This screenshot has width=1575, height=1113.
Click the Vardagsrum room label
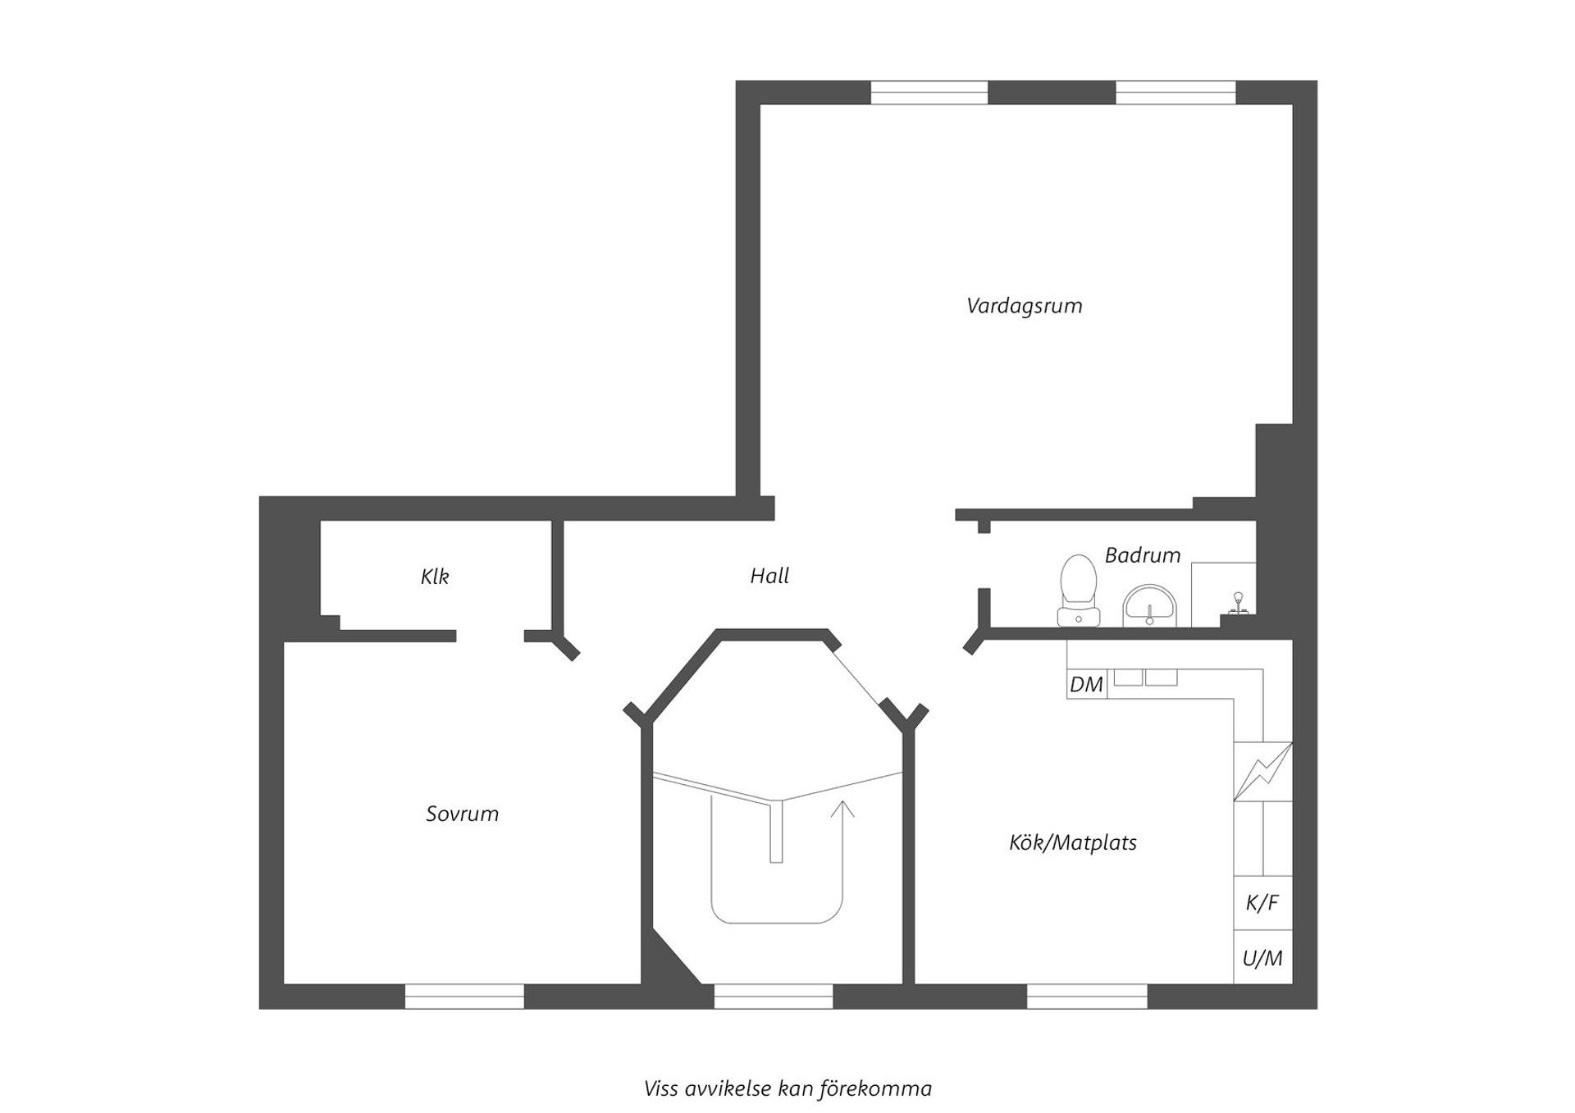coord(1024,306)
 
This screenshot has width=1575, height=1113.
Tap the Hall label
coord(769,576)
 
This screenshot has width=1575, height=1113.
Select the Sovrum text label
coord(462,814)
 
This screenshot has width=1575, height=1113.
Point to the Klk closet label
coord(435,577)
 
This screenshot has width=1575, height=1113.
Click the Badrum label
coord(1142,555)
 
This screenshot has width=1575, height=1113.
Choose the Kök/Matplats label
coord(1072,842)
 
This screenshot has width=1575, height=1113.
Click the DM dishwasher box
coord(1087,684)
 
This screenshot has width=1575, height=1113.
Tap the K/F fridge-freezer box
coord(1262,903)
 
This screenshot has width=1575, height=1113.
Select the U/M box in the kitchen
coord(1262,957)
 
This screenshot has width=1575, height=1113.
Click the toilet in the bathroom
coord(1079,591)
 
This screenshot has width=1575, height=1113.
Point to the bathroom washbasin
coord(1150,605)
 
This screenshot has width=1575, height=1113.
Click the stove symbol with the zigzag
coord(1262,771)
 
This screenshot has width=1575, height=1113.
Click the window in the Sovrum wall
coord(464,996)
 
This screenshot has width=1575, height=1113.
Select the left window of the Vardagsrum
coord(929,93)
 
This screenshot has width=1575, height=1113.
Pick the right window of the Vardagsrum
coord(1176,93)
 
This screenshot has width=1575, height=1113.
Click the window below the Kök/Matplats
coord(1087,996)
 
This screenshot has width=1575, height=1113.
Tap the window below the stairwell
coord(773,996)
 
